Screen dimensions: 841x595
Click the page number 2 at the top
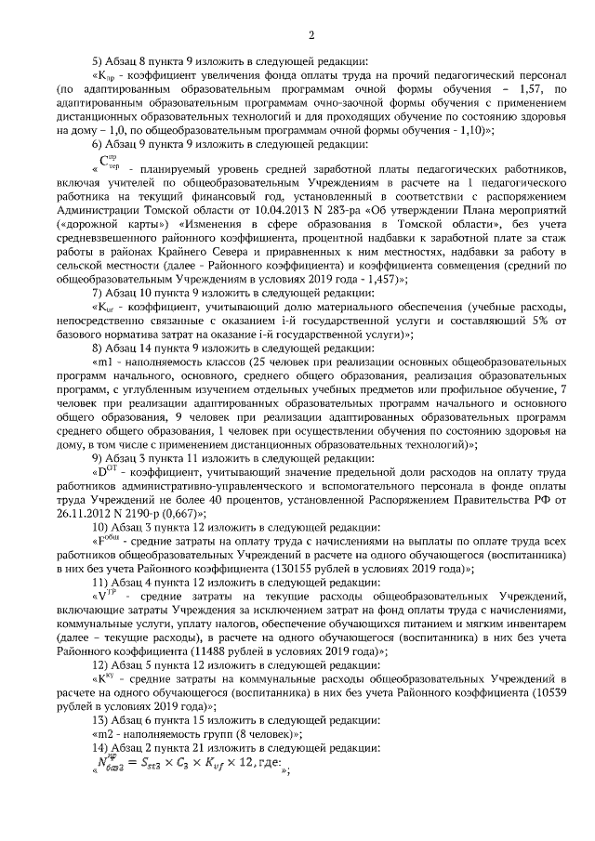(311, 35)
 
